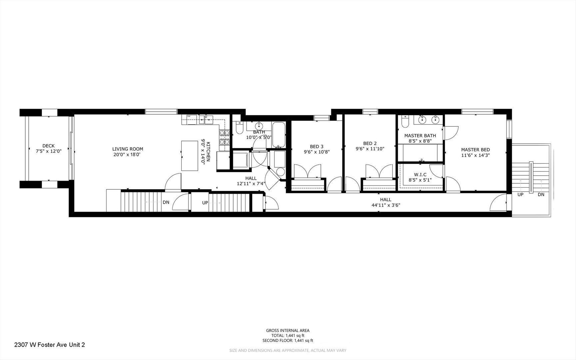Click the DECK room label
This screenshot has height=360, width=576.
pos(48,146)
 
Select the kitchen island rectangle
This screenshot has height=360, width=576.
pos(190,156)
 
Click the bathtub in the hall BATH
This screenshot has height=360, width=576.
pos(279,135)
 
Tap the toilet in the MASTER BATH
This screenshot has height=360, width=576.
pos(405,122)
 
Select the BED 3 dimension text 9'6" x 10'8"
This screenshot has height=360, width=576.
pos(316,152)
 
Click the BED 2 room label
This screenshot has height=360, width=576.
pos(370,143)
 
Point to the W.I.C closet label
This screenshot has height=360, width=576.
pos(420,175)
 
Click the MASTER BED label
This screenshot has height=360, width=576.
pos(475,150)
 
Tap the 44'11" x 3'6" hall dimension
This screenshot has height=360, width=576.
pos(386,205)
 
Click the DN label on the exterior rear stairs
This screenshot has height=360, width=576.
pos(541,194)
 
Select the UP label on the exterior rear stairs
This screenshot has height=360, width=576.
pos(520,194)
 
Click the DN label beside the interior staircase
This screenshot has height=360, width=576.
pos(166,202)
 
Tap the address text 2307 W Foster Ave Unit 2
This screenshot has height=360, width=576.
pos(50,345)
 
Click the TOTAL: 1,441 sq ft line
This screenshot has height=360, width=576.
pos(288,336)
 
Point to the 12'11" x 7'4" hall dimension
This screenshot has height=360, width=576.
pos(251,184)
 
